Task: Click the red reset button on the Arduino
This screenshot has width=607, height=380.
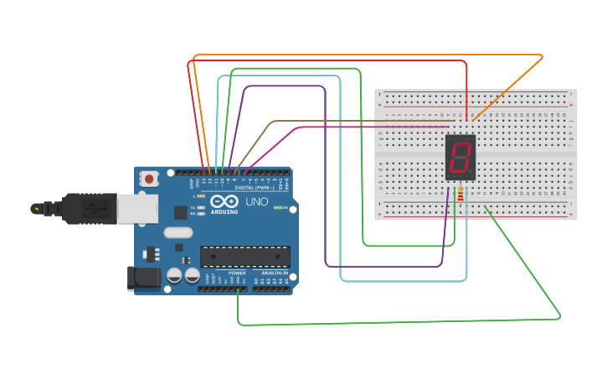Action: point(150,178)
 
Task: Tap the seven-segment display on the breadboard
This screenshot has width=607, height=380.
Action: point(460,157)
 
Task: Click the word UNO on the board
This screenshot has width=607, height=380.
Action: point(256,202)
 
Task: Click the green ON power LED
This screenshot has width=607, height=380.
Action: point(276,207)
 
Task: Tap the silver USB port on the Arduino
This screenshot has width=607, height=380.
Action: point(136,209)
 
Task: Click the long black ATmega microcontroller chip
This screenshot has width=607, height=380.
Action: point(244,256)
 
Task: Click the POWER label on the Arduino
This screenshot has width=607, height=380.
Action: point(238,273)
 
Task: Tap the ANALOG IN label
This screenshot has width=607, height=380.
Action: point(273,273)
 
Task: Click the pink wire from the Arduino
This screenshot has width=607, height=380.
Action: point(335,128)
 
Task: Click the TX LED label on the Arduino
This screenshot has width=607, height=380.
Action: point(192,206)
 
